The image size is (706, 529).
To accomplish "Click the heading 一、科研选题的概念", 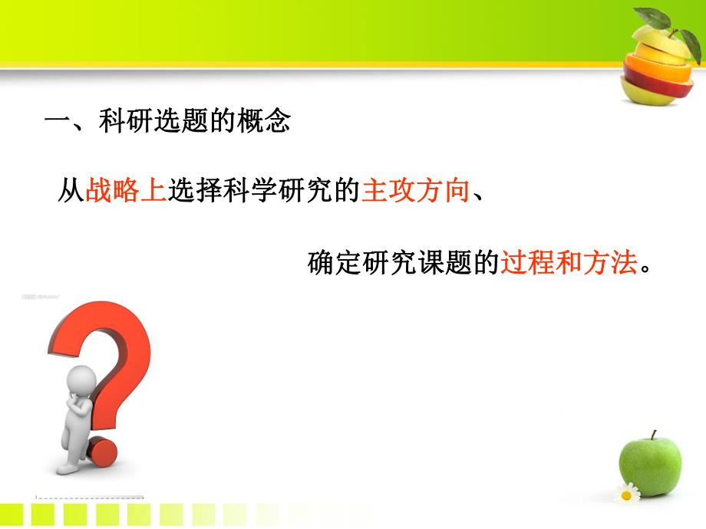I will pyautogui.click(x=167, y=122).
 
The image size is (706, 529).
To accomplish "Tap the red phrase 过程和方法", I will pyautogui.click(x=569, y=263).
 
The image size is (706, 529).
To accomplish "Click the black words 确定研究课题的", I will pyautogui.click(x=404, y=263).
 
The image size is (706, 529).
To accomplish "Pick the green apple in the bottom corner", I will pyautogui.click(x=650, y=464).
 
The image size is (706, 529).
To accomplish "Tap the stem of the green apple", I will pyautogui.click(x=653, y=435).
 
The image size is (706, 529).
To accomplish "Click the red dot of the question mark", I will pyautogui.click(x=101, y=452).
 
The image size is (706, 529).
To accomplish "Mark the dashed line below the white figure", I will pyautogui.click(x=88, y=496).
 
